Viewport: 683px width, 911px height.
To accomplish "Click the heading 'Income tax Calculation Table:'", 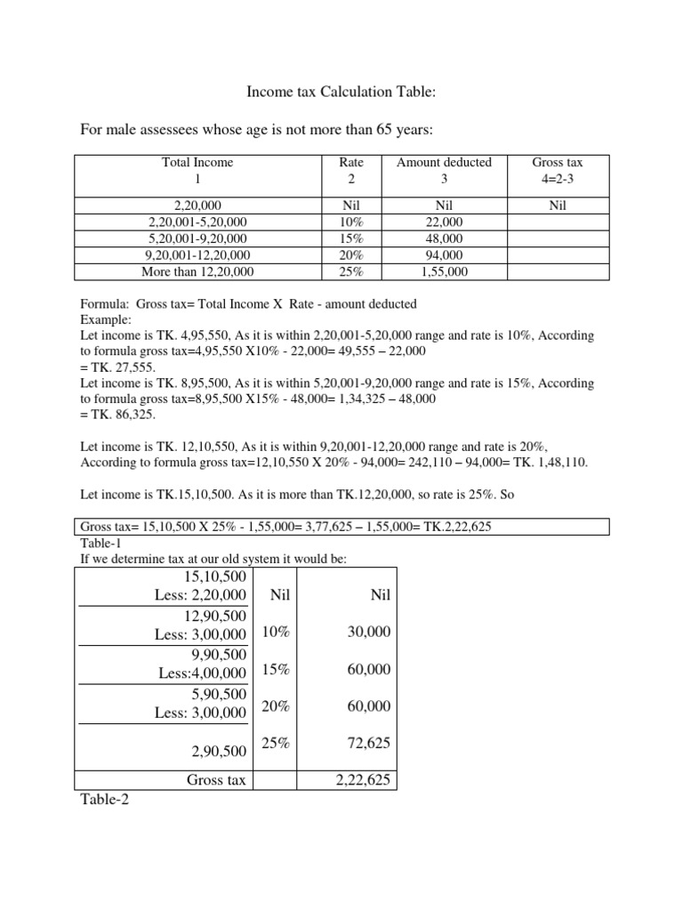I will [x=341, y=92].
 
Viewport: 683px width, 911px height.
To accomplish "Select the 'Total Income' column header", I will [x=197, y=163].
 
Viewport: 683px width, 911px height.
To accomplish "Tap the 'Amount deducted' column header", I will [x=444, y=163].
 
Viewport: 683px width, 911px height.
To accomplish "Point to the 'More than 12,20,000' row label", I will [x=197, y=271].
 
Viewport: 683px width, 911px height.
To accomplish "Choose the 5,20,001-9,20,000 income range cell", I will [x=197, y=238].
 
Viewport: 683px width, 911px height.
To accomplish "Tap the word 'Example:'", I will [x=106, y=318].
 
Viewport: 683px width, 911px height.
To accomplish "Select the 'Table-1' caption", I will [x=104, y=543].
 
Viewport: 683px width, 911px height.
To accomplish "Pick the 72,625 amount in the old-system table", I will [x=368, y=743].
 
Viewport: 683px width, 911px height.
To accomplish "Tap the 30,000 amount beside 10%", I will [x=368, y=631].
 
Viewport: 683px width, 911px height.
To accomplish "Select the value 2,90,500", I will [x=218, y=752].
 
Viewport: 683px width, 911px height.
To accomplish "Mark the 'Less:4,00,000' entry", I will [x=203, y=673].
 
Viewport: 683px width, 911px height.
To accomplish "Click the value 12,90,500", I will [x=218, y=616].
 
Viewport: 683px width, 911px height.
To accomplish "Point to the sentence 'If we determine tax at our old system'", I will [x=213, y=558].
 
